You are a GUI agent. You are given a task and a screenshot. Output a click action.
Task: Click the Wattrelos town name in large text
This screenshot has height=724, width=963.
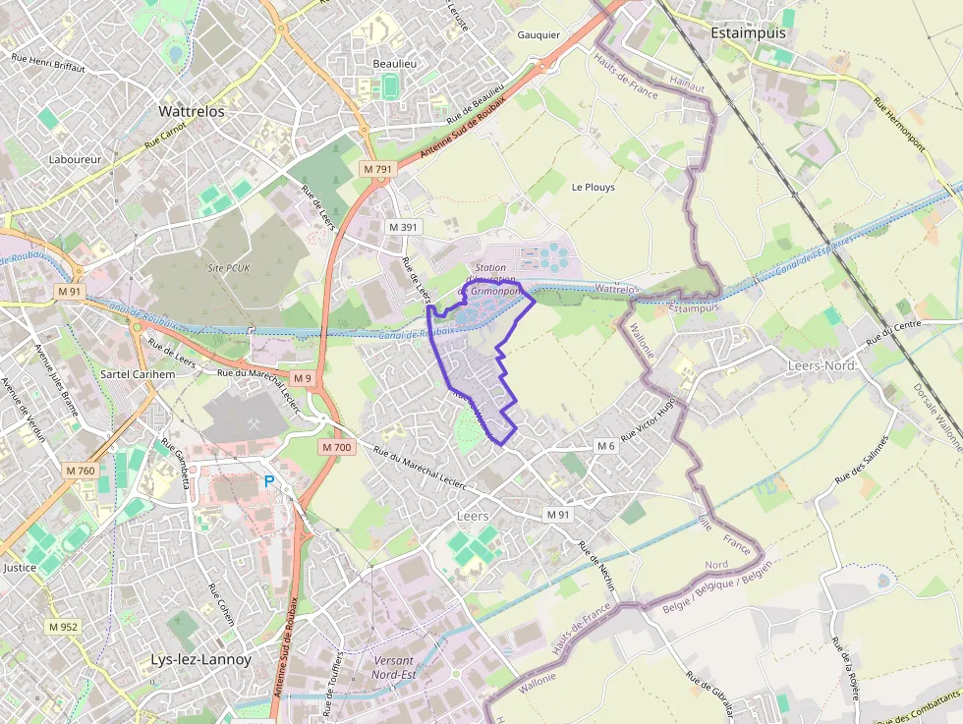coord(192,112)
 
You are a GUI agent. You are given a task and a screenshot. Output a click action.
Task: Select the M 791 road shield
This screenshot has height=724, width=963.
coord(377,169)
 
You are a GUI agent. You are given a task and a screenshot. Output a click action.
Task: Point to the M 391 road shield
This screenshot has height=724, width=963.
coord(403,227)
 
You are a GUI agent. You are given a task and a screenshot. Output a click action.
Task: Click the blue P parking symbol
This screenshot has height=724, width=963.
coord(269,481)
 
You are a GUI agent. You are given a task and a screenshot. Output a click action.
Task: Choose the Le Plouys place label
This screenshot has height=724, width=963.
coord(593,187)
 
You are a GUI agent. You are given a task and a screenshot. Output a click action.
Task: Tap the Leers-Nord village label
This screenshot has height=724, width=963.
coord(822,365)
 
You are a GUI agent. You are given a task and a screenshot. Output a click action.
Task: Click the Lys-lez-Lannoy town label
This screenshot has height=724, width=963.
coord(200,659)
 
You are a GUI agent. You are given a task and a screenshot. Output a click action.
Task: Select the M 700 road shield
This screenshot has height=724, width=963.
coord(336,447)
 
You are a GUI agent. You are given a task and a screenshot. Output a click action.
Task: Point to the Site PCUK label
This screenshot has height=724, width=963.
coord(229,267)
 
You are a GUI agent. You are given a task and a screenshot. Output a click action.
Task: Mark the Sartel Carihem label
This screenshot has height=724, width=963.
coord(138,374)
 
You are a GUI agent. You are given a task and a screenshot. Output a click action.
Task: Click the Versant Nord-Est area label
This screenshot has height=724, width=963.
coord(393,667)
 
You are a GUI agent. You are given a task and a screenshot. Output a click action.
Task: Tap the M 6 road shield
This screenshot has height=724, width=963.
coord(606,446)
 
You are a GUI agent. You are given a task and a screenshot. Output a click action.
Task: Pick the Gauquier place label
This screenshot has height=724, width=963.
coord(538,34)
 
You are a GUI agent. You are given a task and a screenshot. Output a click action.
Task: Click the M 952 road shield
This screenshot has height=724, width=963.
coord(63,626)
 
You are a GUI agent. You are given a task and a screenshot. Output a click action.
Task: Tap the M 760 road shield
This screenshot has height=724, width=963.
coord(81,471)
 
